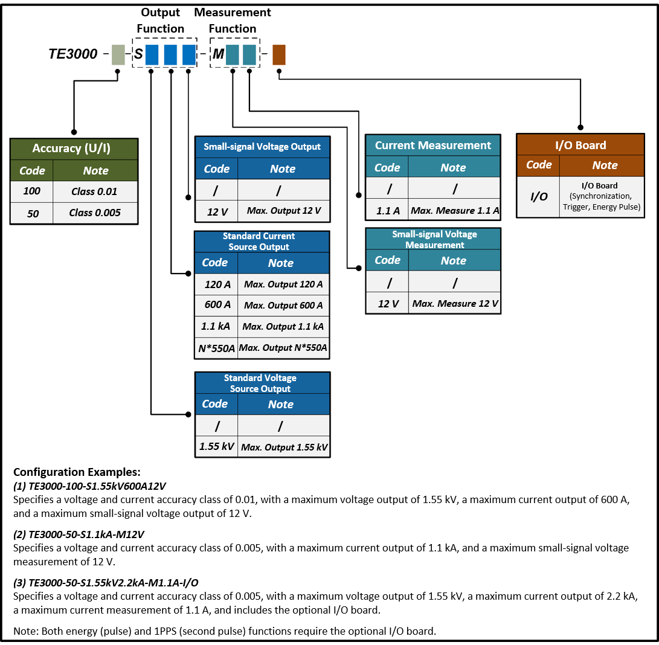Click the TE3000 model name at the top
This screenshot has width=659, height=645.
[x=72, y=54]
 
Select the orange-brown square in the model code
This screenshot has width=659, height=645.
[x=278, y=55]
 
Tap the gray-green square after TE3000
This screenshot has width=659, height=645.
[x=118, y=55]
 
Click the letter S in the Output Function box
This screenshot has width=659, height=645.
[x=138, y=55]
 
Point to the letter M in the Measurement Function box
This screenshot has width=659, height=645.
[x=218, y=55]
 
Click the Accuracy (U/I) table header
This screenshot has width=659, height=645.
[x=74, y=149]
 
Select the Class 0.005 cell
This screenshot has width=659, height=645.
[x=95, y=213]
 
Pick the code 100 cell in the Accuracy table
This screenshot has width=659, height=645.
[x=31, y=191]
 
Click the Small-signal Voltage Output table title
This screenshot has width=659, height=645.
[x=262, y=147]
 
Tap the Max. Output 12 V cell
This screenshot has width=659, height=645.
[x=284, y=211]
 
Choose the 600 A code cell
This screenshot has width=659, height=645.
[x=216, y=305]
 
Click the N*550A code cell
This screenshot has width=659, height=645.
[x=216, y=348]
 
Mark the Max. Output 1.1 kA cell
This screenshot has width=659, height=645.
[x=283, y=327]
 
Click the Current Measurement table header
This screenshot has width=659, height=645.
[x=432, y=146]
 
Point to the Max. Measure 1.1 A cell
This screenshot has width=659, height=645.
[x=455, y=211]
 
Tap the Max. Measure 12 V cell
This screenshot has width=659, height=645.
[x=455, y=304]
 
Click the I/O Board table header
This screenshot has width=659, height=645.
[x=580, y=146]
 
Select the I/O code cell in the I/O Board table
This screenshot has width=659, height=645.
[x=539, y=197]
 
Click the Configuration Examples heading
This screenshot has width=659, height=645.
[x=77, y=472]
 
